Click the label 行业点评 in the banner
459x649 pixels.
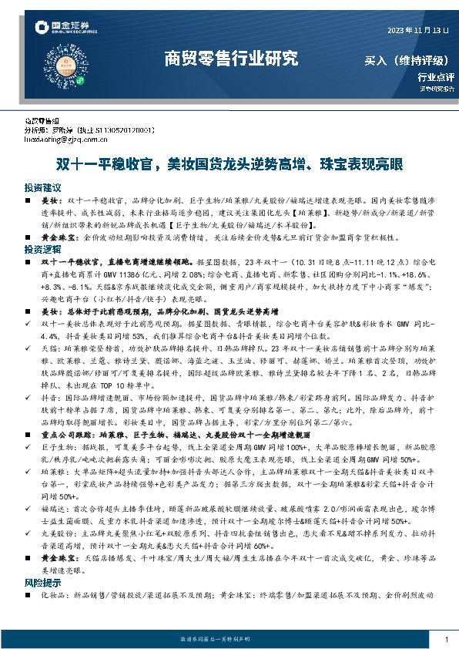pos(436,76)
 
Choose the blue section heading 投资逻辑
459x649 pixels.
pos(42,250)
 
